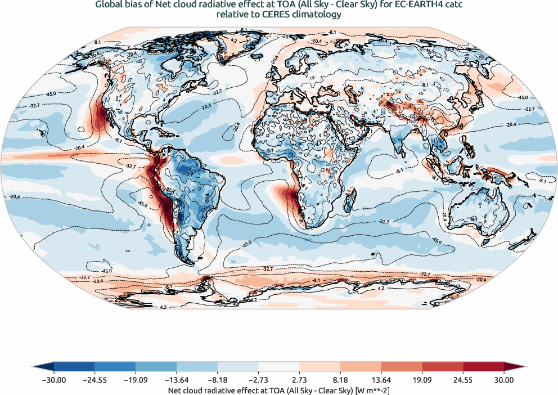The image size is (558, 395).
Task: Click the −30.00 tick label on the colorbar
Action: click(x=54, y=380)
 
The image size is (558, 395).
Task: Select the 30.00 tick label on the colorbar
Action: click(x=504, y=380)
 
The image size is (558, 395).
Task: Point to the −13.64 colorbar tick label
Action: click(x=177, y=380)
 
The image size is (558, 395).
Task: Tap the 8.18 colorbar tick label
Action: click(x=340, y=380)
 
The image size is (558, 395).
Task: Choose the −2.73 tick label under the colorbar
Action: click(x=258, y=380)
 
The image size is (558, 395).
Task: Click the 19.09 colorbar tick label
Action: click(x=422, y=380)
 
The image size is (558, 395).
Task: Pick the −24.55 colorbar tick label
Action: click(x=95, y=380)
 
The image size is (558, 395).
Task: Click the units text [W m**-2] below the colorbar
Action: click(x=374, y=389)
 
